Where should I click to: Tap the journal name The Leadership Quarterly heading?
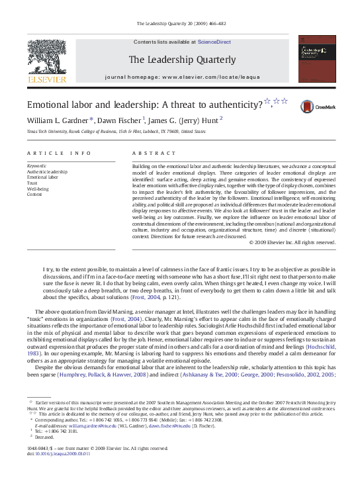point(181,60)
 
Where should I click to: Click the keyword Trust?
point(32,183)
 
